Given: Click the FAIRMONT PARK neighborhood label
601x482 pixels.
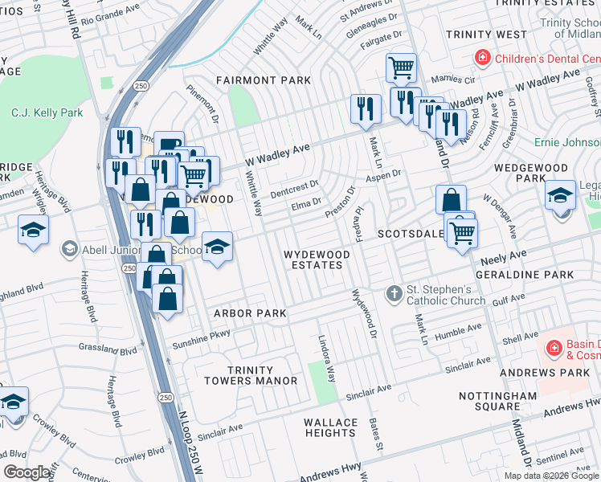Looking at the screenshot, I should pos(263,81).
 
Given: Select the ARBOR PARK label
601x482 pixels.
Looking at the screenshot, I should pos(244,313).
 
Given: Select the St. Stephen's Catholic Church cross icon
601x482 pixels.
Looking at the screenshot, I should pos(394,294).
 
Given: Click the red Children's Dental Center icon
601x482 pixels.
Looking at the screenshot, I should pos(481,58).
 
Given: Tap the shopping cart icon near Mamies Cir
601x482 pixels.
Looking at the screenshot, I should pos(400,67).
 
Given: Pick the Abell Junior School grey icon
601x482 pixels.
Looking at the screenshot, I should pos(70,250).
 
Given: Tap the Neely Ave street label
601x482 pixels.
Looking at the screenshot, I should pos(503,258).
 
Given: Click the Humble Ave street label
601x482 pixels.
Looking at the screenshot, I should pos(456,331).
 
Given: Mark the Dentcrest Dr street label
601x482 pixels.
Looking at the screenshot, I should pos(294,188).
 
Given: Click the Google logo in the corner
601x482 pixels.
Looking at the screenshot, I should pos(28,472).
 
